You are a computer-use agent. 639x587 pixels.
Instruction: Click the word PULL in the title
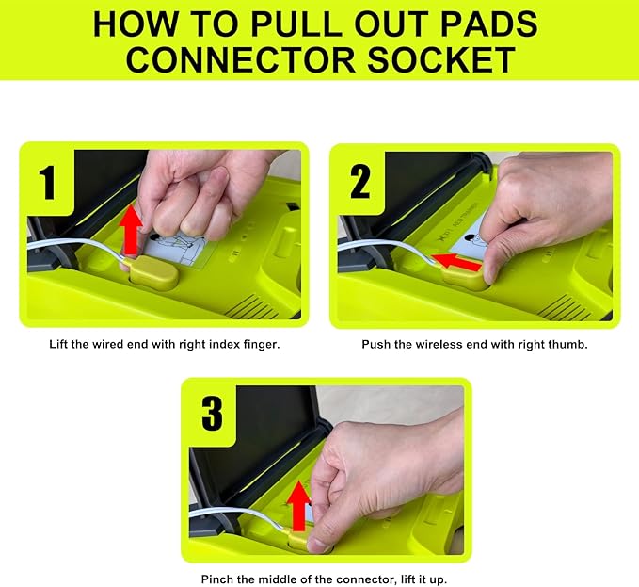pyautogui.click(x=296, y=24)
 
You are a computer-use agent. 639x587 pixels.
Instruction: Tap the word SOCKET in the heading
pyautogui.click(x=441, y=60)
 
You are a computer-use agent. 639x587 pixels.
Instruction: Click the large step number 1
pyautogui.click(x=48, y=183)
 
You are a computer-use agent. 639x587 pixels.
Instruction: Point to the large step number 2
pyautogui.click(x=359, y=182)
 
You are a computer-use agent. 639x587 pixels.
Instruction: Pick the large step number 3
pyautogui.click(x=213, y=414)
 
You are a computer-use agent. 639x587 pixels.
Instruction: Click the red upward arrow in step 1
pyautogui.click(x=131, y=231)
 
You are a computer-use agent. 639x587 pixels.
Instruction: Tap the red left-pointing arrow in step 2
pyautogui.click(x=456, y=262)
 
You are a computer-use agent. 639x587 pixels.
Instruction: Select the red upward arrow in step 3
pyautogui.click(x=298, y=506)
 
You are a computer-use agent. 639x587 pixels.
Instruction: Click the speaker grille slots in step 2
pyautogui.click(x=565, y=307)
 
